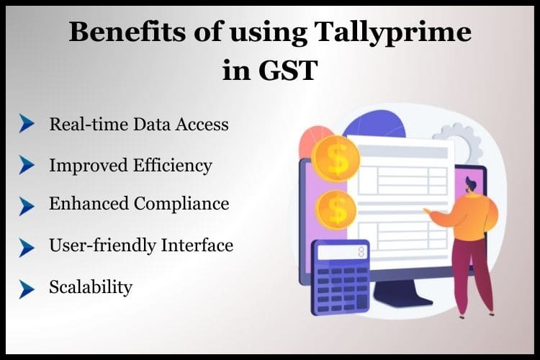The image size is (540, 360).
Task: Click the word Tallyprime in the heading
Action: tap(392, 35)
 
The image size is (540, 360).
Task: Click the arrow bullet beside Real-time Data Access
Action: tap(27, 124)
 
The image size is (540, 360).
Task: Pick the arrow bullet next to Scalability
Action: tap(27, 288)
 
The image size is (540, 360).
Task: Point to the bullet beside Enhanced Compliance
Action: tap(27, 206)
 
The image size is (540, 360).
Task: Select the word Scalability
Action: tap(91, 287)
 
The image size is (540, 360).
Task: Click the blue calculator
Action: tap(339, 276)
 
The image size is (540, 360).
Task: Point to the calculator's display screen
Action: tap(341, 252)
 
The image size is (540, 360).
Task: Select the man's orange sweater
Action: tap(471, 215)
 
